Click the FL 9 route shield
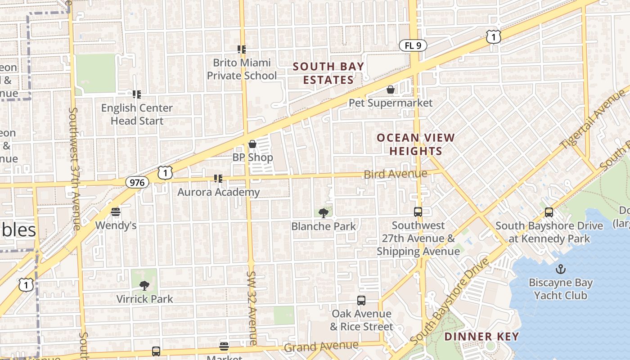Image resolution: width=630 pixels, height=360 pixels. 413,45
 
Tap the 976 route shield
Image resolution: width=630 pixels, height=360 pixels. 137,182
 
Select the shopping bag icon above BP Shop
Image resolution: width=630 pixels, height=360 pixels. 252,144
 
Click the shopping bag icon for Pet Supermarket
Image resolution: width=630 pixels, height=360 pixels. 391,90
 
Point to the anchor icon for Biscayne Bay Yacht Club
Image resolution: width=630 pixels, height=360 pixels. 561,269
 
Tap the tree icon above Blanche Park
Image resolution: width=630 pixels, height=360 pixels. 323,213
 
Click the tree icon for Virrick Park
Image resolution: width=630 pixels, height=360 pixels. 144,285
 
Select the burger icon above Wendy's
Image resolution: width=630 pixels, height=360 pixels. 116,212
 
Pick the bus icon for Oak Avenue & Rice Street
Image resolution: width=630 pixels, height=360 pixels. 361,301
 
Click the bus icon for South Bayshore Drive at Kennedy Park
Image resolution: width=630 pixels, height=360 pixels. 549,212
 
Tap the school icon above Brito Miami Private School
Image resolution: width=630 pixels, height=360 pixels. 242,49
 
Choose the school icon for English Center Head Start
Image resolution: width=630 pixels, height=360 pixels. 137,94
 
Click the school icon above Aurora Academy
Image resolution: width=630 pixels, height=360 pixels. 219,179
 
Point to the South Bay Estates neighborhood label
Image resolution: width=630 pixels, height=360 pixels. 328,73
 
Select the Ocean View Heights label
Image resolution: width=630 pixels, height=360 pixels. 416,144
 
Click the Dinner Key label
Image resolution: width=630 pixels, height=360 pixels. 481,337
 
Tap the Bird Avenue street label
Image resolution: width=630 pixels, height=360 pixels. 396,174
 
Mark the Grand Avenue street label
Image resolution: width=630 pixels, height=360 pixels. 321,347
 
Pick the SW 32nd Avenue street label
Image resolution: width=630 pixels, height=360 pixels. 252,308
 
